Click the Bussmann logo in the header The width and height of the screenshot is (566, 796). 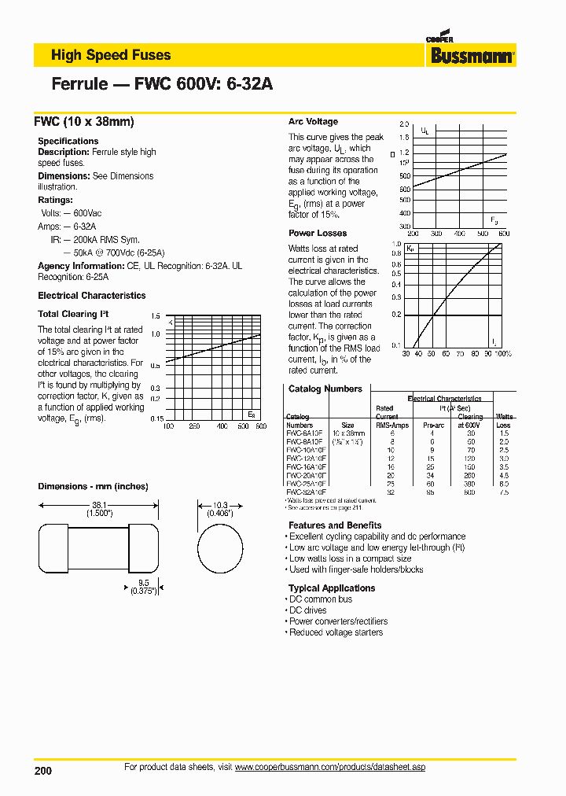472,53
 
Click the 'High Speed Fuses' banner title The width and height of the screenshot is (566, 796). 110,55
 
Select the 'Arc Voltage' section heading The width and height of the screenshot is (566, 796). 313,122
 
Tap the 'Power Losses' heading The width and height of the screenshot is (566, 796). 317,233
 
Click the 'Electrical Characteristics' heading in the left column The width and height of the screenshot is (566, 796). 91,296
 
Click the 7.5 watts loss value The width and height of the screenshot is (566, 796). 503,492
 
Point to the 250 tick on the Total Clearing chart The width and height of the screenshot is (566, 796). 194,426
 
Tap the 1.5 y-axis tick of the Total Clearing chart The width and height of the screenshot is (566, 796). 155,314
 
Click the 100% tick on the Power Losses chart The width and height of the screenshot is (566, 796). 503,354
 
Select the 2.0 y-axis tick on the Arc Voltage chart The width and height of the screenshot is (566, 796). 404,125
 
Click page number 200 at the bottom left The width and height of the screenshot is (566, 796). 43,771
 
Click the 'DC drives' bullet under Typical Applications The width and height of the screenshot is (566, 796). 308,610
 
